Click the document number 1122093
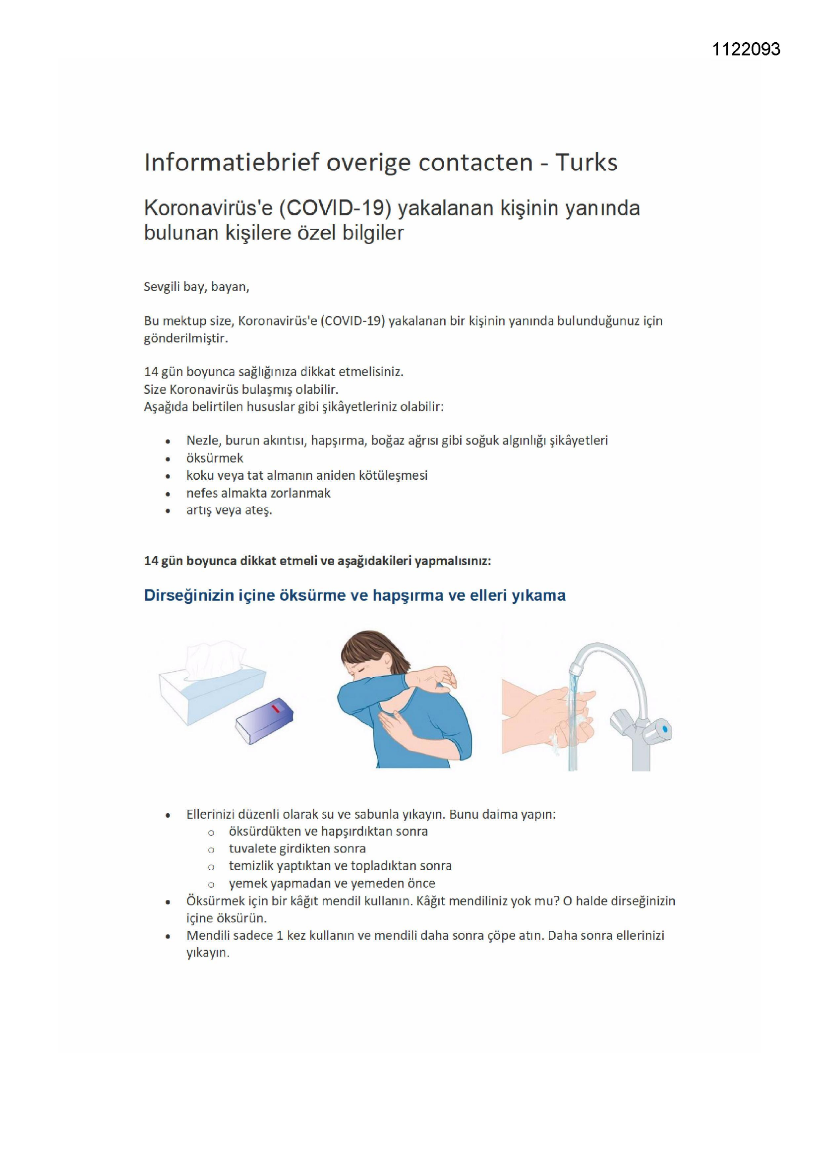point(746,49)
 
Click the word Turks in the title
point(586,163)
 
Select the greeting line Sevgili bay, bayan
point(196,287)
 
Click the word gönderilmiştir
point(186,338)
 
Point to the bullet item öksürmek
point(215,458)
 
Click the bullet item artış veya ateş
point(229,510)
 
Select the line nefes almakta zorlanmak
point(258,493)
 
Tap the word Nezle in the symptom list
point(203,441)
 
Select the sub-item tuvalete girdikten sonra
point(297,849)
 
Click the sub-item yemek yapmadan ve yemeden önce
point(332,884)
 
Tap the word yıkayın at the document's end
point(208,954)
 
